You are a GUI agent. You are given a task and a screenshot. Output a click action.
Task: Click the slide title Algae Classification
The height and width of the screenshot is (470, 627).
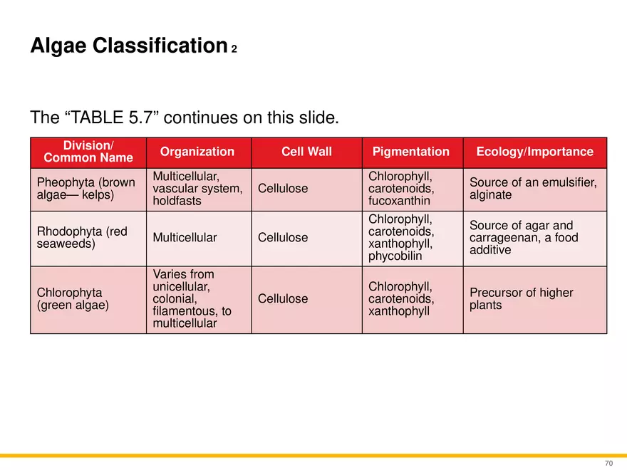[129, 46]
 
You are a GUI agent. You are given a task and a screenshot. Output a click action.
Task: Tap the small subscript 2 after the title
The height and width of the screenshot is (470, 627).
[234, 49]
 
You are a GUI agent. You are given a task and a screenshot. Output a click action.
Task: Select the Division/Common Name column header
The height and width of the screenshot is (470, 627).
[88, 152]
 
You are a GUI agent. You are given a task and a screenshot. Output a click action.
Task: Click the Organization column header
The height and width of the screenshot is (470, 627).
[197, 152]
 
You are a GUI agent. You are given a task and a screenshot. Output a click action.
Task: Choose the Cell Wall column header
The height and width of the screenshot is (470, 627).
[306, 152]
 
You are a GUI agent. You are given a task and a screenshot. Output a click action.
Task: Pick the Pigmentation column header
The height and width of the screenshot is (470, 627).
[411, 152]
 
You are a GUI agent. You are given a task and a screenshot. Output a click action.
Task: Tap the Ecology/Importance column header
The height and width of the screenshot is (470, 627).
[535, 152]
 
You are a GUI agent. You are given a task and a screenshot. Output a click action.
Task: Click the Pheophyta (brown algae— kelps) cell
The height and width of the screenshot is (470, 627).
[86, 188]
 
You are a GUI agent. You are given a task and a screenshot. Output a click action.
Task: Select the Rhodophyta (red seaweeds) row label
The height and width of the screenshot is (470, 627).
[82, 237]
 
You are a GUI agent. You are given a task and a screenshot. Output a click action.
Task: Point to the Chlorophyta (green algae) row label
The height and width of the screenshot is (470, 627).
[73, 298]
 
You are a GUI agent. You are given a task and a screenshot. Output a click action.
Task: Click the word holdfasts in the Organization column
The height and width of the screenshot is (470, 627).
[177, 201]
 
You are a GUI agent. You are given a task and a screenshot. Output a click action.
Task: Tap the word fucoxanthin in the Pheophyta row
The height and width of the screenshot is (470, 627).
[399, 201]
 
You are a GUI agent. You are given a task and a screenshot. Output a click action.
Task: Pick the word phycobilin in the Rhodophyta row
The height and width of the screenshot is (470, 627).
[395, 256]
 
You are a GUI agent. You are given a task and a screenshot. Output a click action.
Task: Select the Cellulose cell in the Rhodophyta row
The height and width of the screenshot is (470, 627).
[283, 237]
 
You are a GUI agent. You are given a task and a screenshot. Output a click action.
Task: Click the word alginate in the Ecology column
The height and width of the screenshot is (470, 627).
[491, 194]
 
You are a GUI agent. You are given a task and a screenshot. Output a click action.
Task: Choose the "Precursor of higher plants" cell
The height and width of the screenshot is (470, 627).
[522, 298]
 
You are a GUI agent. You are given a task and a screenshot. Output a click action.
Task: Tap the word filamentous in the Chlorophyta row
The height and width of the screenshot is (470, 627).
[184, 311]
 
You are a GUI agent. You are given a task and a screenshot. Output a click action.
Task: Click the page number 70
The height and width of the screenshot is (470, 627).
[608, 463]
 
